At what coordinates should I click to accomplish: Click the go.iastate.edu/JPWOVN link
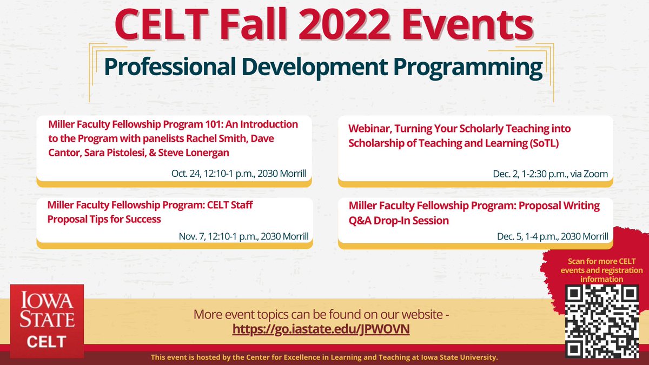(x=321, y=329)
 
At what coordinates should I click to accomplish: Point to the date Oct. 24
(x=187, y=174)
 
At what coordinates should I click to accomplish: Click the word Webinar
(x=370, y=129)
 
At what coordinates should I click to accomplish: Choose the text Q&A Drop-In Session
(x=399, y=221)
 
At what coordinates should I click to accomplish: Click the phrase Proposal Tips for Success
(x=104, y=220)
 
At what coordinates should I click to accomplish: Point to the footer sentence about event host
(x=324, y=358)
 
